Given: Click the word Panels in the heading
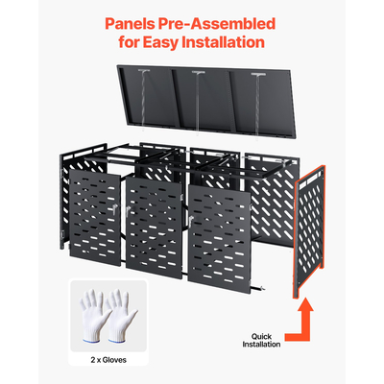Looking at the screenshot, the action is coord(129,24).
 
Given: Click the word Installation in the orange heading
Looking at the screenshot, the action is coord(224,42).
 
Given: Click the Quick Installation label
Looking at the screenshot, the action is coord(261,341).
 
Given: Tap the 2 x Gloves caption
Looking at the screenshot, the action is coord(108,360).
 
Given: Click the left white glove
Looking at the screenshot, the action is coord(93,315).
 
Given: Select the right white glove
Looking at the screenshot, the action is coord(121,315).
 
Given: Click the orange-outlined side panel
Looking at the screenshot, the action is coord(310,231).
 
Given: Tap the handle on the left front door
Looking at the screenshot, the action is coord(114,209).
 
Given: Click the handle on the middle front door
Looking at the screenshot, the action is coord(128,211).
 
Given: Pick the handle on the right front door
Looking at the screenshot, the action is coord(191,222).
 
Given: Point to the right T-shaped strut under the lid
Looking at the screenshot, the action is coord(258,104).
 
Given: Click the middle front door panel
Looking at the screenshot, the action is coord(155,228).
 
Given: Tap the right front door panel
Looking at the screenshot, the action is coord(220,238).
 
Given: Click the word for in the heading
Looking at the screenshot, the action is coord(129,42).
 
